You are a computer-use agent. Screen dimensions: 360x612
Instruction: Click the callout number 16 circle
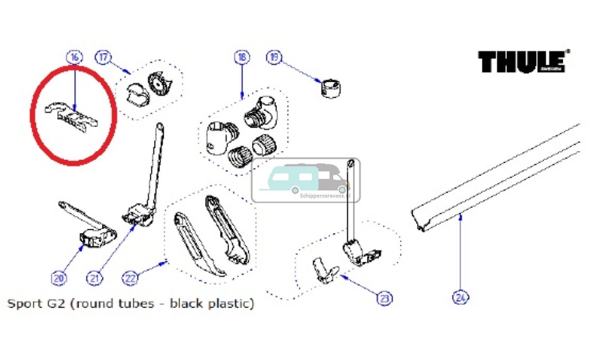pyautogui.click(x=74, y=58)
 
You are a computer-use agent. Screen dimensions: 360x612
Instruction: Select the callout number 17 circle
pyautogui.click(x=103, y=58)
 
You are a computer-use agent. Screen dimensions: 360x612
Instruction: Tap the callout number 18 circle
pyautogui.click(x=241, y=58)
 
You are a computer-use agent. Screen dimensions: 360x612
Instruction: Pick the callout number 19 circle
pyautogui.click(x=274, y=58)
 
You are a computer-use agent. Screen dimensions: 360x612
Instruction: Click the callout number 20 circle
pyautogui.click(x=58, y=278)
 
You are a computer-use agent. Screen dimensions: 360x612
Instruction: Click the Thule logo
pyautogui.click(x=522, y=62)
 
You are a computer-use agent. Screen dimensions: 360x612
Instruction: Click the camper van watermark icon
pyautogui.click(x=305, y=179)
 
